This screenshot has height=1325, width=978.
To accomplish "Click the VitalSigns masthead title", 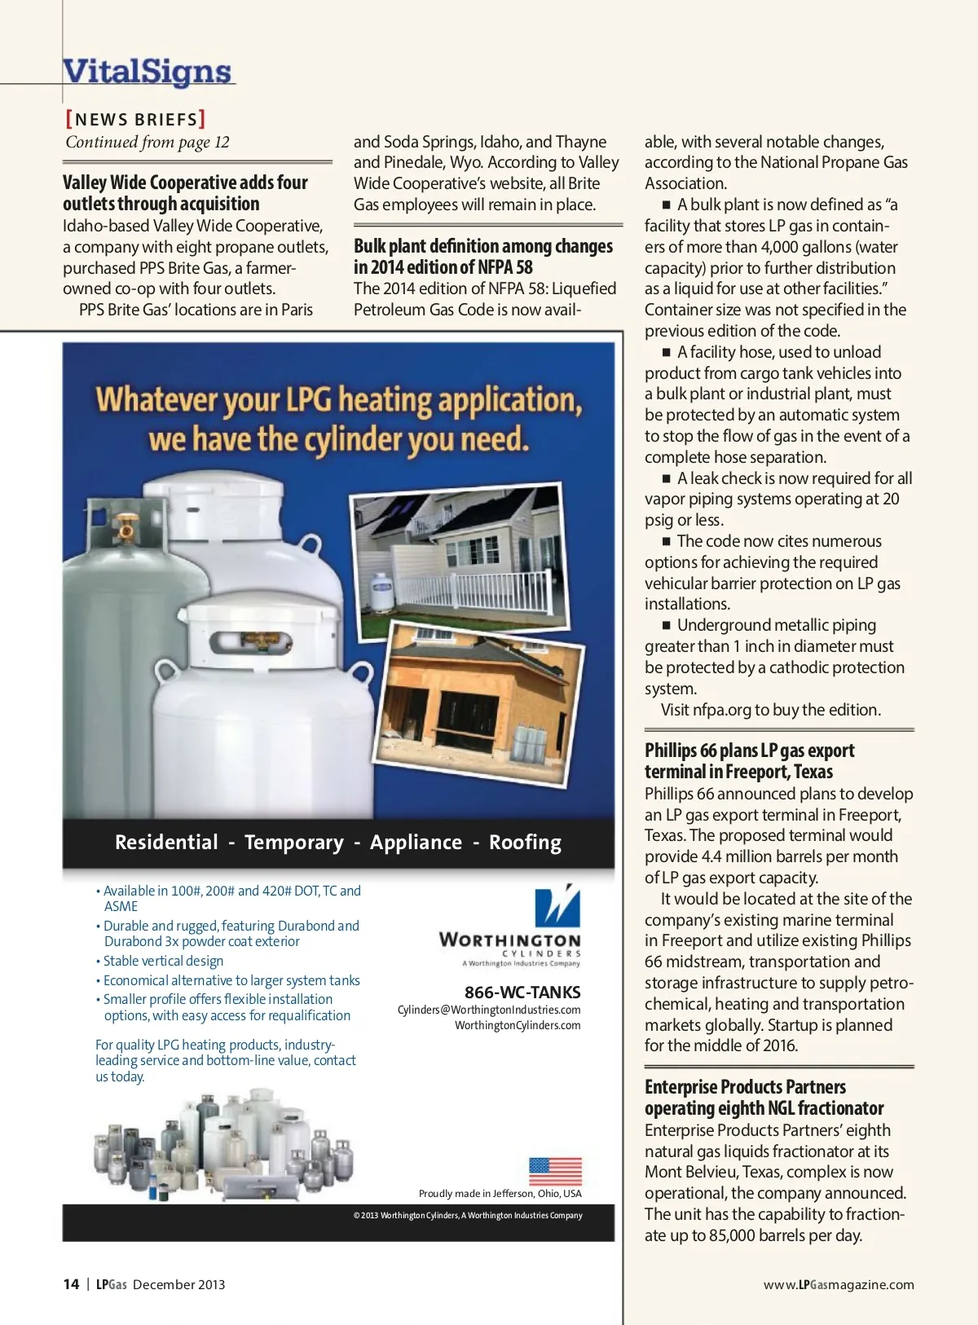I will point(148,72).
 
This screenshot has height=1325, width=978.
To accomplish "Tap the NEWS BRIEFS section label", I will point(135,120).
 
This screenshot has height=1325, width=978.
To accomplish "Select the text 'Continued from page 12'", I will point(148,143).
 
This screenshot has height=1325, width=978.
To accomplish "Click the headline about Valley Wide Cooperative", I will point(185,193).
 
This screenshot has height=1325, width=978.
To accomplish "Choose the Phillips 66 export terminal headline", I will point(749,761).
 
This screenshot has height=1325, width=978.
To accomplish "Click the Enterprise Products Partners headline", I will point(764,1098).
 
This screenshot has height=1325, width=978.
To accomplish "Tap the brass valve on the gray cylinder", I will point(126,524).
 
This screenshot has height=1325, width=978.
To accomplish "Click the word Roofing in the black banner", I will point(525,843).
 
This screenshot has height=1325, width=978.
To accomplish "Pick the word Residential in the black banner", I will point(166,843).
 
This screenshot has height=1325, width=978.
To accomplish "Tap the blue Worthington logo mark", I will point(557,906).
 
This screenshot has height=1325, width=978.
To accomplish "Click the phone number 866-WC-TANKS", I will point(522,993).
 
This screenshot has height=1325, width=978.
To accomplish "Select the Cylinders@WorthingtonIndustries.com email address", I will point(489,1010).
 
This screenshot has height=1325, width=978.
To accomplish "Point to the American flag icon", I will point(555,1172).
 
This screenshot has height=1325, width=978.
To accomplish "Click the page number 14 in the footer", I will point(71,1284).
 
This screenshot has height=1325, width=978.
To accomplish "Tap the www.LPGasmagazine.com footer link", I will point(839,1285).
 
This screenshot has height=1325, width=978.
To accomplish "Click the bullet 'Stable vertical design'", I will point(163,962).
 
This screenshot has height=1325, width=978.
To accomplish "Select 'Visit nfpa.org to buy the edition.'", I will point(770,710).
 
